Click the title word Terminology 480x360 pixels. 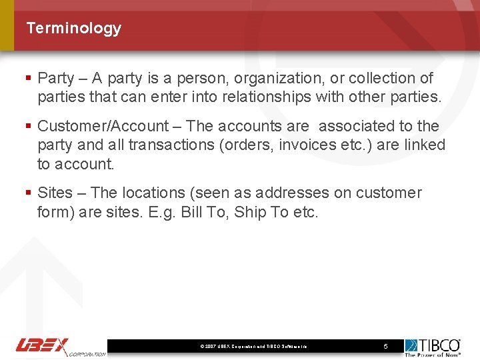[73, 28]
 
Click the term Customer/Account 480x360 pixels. [103, 126]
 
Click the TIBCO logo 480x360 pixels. [433, 347]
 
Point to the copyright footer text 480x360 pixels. [253, 347]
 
